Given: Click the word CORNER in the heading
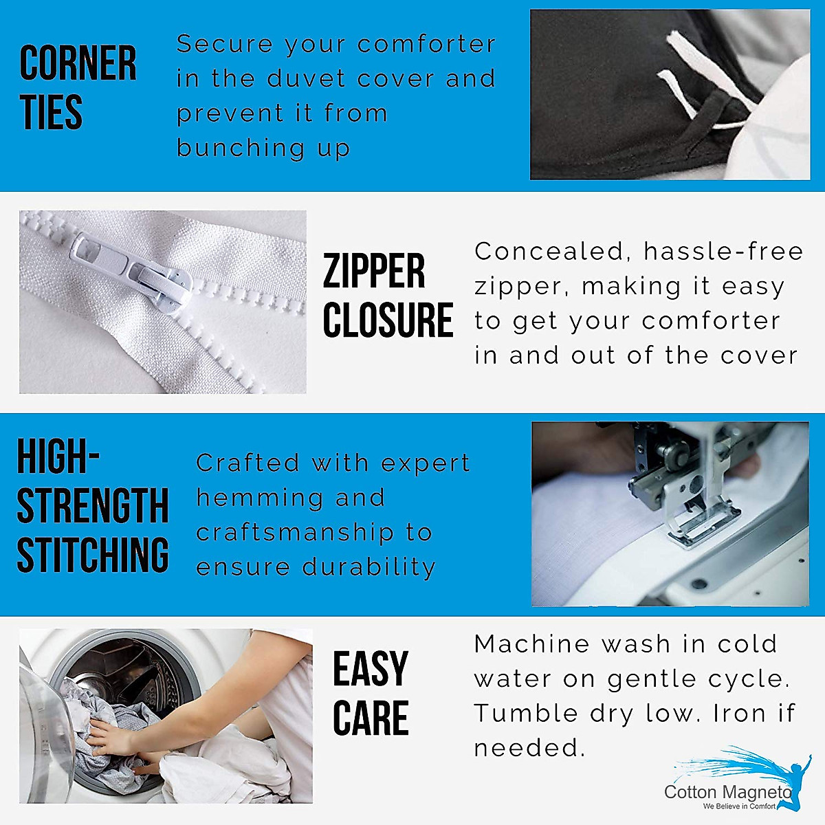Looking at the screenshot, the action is (78, 63).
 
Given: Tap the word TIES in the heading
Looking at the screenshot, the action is (51, 112).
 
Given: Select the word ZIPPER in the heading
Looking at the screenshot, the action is (374, 271).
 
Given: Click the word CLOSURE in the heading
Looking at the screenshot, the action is (388, 320).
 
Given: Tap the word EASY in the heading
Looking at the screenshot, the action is (371, 668).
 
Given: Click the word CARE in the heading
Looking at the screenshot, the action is (371, 717).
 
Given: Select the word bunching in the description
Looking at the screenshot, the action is (241, 148).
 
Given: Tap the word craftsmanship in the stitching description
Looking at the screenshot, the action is (295, 533).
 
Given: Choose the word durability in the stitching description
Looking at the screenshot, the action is (369, 568).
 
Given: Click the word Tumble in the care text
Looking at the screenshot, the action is (526, 713).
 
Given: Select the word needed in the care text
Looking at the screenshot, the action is (529, 749).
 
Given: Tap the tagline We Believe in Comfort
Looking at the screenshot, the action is (739, 806).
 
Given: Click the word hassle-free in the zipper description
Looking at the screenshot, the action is (723, 252).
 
